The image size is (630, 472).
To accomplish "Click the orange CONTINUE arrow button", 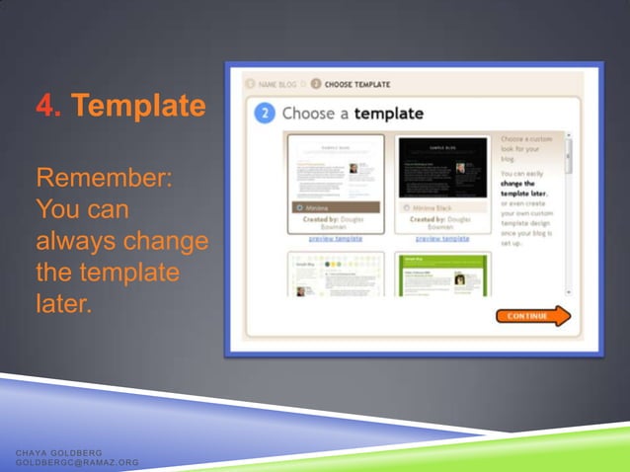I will [x=533, y=316].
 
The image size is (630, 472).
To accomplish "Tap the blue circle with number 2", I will [x=264, y=113].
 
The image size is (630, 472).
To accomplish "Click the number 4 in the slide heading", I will [x=44, y=105].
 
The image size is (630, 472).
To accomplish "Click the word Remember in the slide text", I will [x=104, y=180].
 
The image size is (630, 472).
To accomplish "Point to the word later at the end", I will [x=63, y=303].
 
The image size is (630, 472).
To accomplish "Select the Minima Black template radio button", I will [x=406, y=208].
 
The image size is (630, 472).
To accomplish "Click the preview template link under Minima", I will [x=336, y=238].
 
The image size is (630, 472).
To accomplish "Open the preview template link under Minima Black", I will [x=442, y=238].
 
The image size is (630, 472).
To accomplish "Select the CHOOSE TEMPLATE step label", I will [x=356, y=84].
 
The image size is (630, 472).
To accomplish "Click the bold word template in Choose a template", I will [x=388, y=113].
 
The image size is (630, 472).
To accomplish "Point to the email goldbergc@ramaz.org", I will [x=77, y=461].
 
